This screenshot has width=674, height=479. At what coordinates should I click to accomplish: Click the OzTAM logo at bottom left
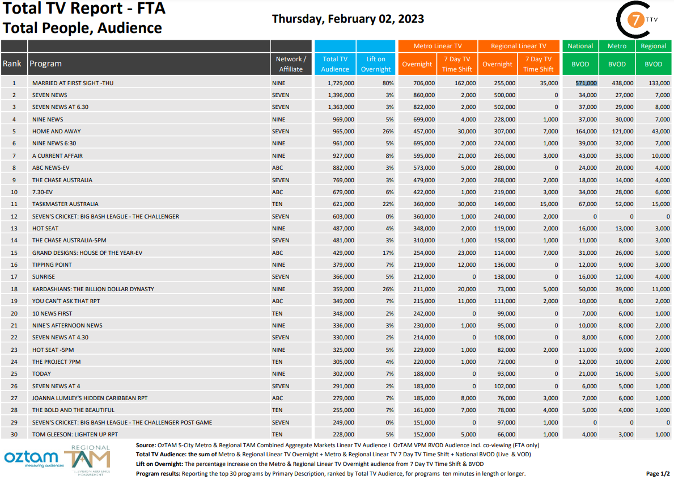[x=31, y=457]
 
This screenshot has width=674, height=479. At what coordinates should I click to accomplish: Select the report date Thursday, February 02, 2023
[x=348, y=19]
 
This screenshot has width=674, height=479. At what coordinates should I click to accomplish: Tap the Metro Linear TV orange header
[x=437, y=46]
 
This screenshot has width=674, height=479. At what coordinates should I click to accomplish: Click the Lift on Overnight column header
[x=376, y=64]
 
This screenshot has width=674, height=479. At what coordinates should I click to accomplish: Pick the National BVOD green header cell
[x=580, y=46]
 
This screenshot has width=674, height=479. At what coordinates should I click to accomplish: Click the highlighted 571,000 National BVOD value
[x=586, y=83]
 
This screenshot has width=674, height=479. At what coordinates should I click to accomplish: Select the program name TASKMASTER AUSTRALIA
[x=65, y=204]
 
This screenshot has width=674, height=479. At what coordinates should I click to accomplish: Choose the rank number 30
[x=14, y=434]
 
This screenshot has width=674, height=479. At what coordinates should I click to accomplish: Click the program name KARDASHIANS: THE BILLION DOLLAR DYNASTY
[x=93, y=289]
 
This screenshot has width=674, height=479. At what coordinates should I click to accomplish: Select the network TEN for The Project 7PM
[x=278, y=362]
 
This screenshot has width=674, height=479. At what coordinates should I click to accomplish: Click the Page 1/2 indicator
[x=658, y=473]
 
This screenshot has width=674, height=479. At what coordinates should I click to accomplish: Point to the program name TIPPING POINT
[x=52, y=264]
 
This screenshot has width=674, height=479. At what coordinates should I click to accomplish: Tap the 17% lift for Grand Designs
[x=389, y=253]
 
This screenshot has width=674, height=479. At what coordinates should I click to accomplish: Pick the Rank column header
[x=12, y=64]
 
